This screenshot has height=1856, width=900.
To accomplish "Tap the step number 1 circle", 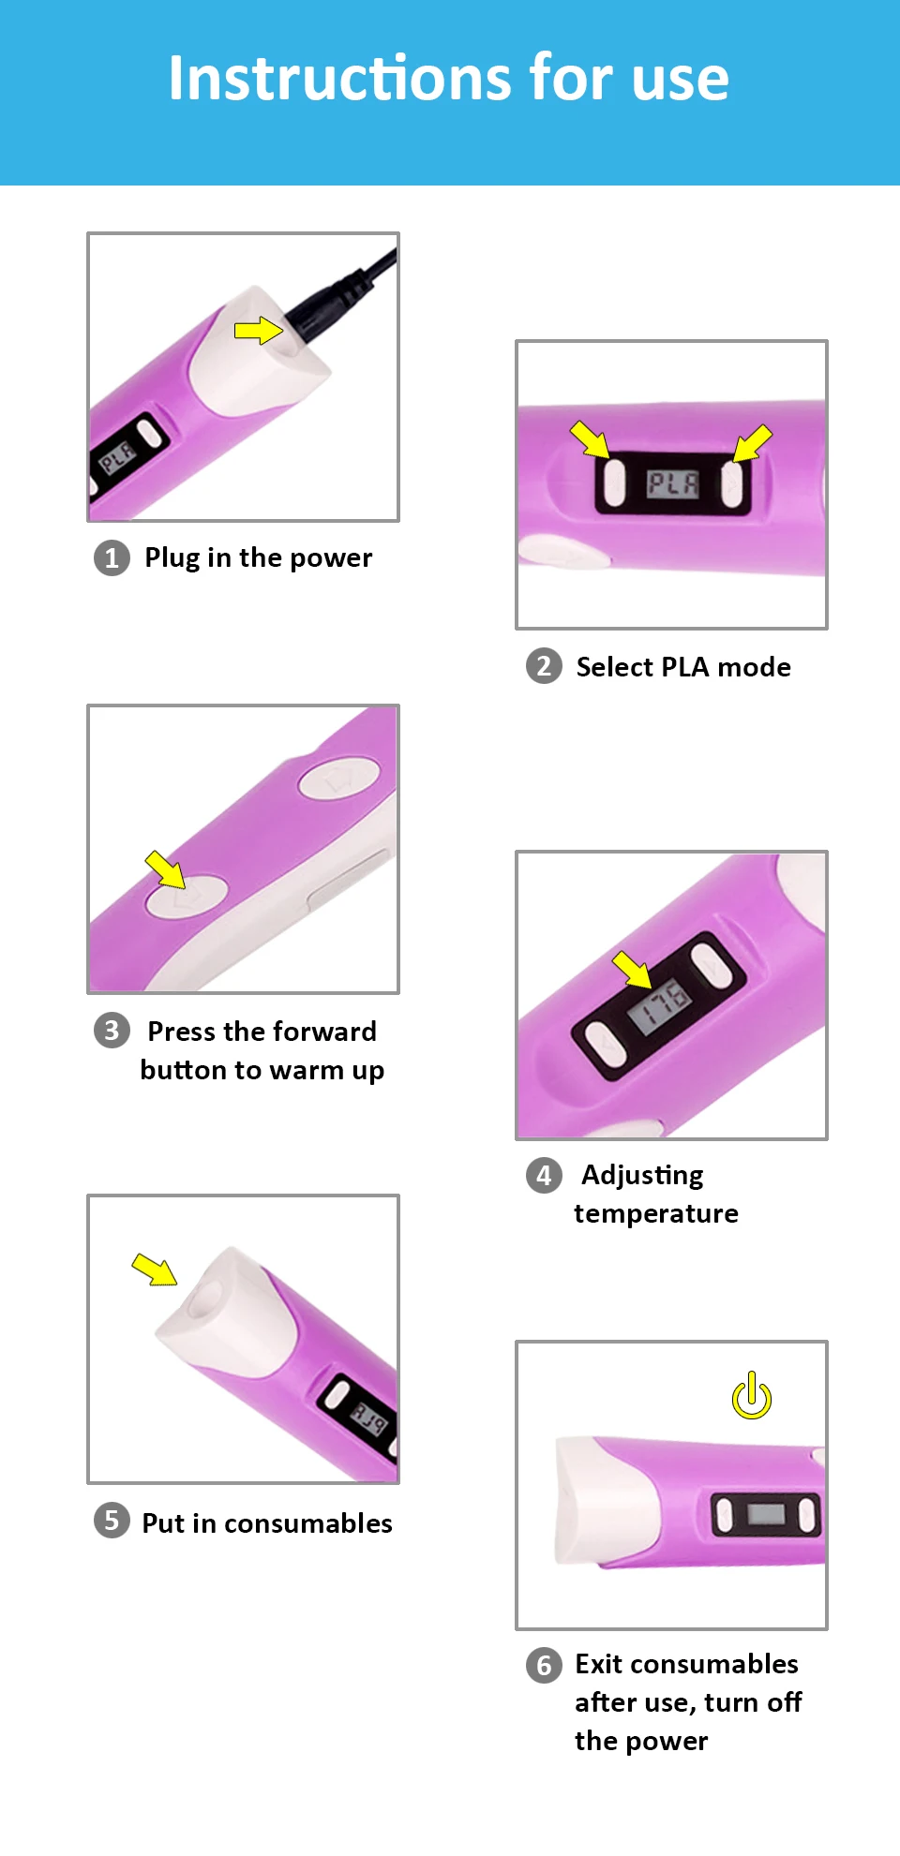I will (112, 558).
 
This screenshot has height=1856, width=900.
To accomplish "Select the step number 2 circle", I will (544, 666).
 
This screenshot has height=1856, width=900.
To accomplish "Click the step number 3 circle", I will (112, 1031).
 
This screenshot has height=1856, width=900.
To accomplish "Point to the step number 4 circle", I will (544, 1175).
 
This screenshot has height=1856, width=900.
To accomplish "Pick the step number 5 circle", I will (112, 1520).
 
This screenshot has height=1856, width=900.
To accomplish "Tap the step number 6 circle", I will (544, 1665).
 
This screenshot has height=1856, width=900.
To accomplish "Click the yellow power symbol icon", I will (752, 1397).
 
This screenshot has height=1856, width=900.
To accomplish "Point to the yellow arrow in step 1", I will (258, 330).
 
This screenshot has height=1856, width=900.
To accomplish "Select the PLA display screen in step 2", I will (673, 483).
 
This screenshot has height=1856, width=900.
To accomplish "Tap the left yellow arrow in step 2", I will (590, 438).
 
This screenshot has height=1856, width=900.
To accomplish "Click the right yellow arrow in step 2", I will (752, 442).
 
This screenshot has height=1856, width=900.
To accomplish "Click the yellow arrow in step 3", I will (166, 869).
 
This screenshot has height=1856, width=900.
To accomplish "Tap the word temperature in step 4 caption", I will (656, 1214).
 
